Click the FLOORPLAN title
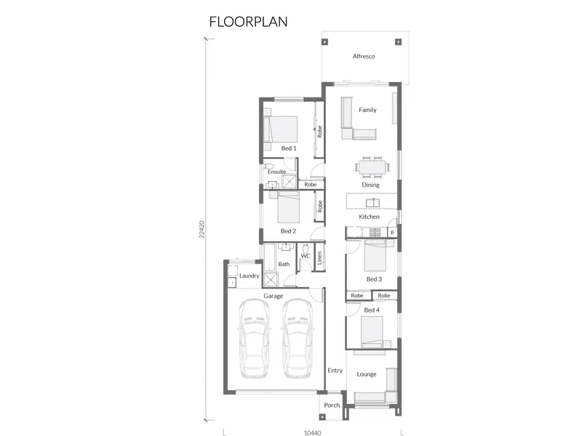coord(248,22)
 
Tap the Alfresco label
coord(363,57)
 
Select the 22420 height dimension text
coord(202,229)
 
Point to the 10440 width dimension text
coord(312,432)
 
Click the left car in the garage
coord(255,339)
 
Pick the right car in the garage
coord(298,339)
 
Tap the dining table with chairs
coord(372,166)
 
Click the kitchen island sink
coord(372,203)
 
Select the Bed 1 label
coord(288,148)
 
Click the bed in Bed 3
coord(375,256)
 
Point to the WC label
coord(305,256)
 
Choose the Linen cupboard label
coord(319,258)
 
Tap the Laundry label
coord(249,276)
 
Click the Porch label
coord(332,405)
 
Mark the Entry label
coord(335,371)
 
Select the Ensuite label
coord(277,171)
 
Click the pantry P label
coord(392,233)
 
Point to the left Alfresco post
coord(324,42)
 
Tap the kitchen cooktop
coord(375,232)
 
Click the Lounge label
coord(367,374)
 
